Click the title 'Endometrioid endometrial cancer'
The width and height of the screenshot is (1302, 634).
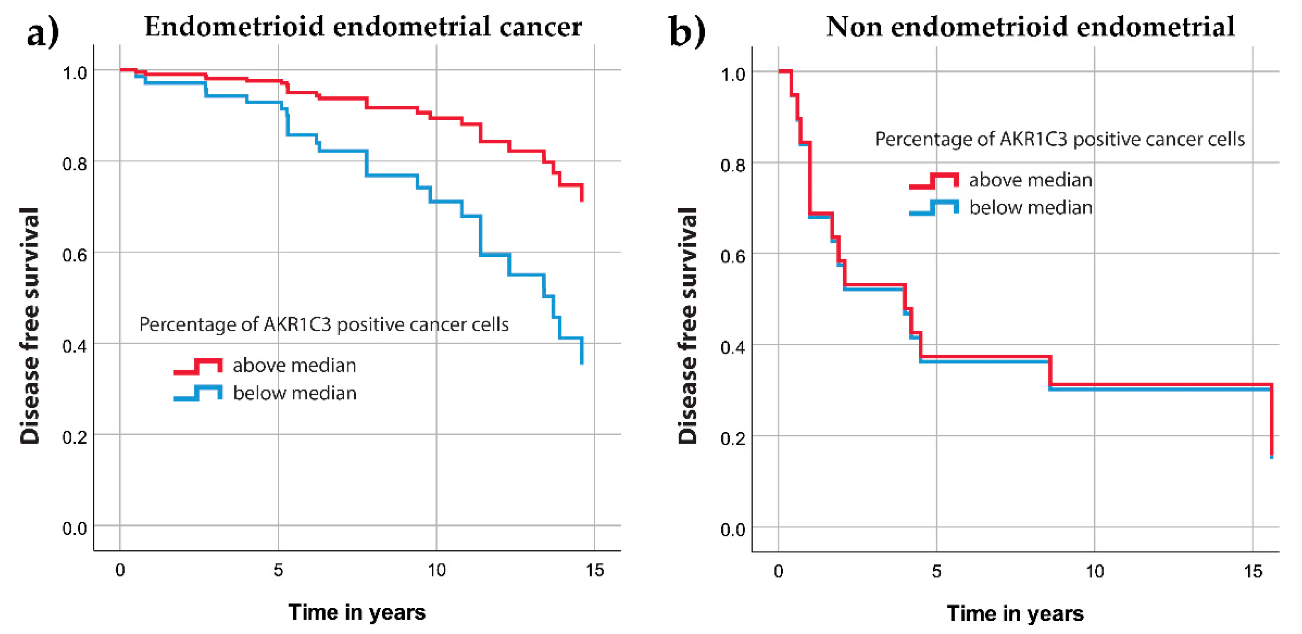pos(363,26)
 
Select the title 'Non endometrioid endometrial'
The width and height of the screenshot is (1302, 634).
pos(1030,26)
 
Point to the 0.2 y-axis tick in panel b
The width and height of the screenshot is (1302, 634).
pos(733,438)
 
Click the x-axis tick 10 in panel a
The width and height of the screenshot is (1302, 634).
pos(436,570)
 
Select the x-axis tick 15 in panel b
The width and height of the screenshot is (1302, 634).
pos(1253,571)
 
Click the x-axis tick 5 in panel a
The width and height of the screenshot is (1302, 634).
pos(278,570)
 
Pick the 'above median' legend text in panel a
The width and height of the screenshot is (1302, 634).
pos(294,365)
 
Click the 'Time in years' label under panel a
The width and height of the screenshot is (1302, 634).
pos(357,612)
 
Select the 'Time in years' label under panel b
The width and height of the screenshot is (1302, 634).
pos(1015,613)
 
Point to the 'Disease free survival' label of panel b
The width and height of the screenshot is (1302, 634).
pos(687,326)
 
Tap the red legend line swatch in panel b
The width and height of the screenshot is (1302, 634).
pos(933,180)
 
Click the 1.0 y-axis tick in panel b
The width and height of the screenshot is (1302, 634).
pos(733,74)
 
